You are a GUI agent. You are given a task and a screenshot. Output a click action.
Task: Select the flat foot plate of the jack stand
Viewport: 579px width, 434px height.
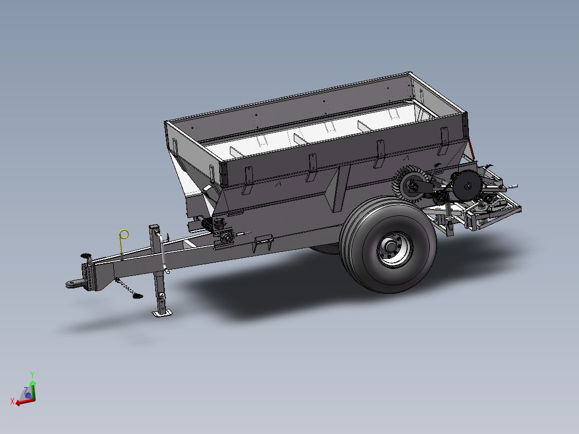click(x=162, y=313)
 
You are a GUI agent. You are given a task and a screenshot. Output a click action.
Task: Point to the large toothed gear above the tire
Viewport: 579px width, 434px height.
click(x=410, y=184)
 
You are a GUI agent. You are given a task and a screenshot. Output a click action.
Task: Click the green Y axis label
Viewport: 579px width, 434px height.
click(x=32, y=374)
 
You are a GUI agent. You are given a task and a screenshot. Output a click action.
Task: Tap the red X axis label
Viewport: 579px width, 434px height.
click(x=12, y=401)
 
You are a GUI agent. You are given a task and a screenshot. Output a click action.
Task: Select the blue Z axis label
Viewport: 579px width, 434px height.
click(x=25, y=389)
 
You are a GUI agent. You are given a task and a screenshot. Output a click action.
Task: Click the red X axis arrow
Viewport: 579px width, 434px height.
click(x=25, y=401)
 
